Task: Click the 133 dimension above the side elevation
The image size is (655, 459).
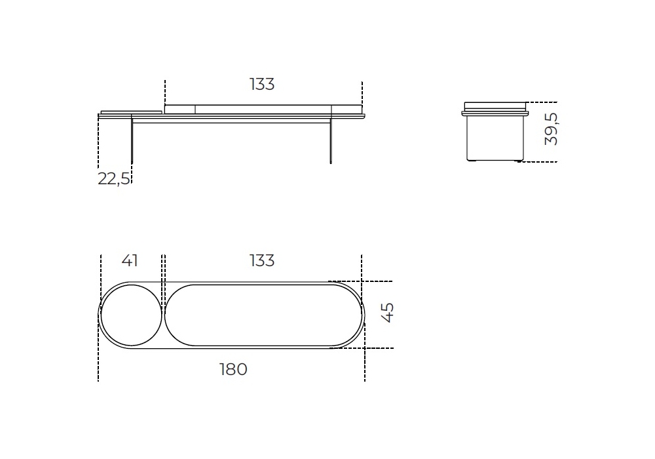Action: tap(262, 85)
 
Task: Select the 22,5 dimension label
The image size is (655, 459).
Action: tap(113, 179)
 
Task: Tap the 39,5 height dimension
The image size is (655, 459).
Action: tap(552, 129)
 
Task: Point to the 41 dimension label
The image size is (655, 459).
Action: tap(130, 261)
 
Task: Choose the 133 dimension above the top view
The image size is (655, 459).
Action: tap(262, 261)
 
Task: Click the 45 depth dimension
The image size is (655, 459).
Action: tap(388, 313)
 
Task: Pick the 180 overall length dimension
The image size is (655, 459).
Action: tap(234, 370)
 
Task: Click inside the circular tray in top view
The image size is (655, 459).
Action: tap(132, 315)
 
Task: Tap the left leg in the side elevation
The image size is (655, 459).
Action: tap(132, 140)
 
